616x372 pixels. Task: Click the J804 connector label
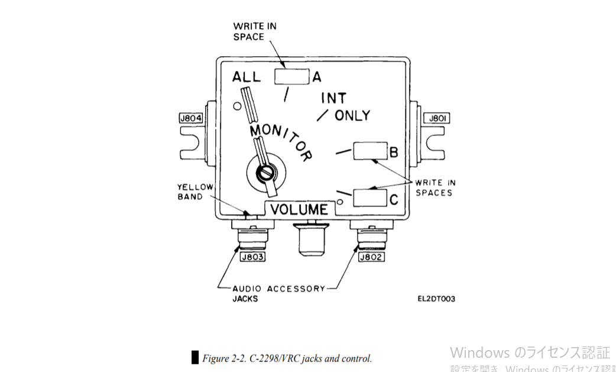pos(190,118)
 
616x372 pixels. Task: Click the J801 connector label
pos(437,118)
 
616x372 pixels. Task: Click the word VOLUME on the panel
pos(299,209)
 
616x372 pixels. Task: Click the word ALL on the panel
pos(247,77)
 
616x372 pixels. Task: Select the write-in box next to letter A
pos(291,77)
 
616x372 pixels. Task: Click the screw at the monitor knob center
pos(265,172)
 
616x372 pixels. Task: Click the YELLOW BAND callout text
pos(194,192)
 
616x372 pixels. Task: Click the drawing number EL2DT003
pos(436,299)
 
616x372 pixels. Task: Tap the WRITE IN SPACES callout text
pos(436,187)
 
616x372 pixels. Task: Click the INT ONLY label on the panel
pos(345,106)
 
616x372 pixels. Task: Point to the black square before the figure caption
pos(195,357)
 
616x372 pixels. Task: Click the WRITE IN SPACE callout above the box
pos(254,31)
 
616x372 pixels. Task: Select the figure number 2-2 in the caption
pos(239,358)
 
